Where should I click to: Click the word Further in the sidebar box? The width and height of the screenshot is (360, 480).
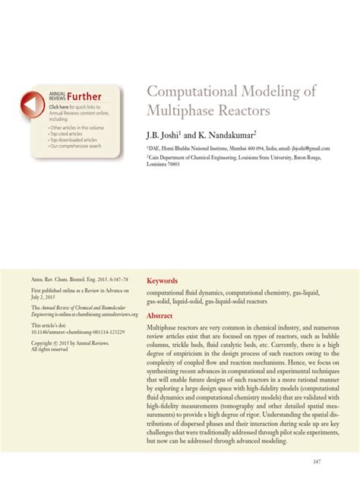tap(84, 96)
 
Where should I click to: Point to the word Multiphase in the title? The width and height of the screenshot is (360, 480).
tap(182, 111)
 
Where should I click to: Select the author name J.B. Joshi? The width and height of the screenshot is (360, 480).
tap(168, 134)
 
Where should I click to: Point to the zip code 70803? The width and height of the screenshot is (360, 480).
tap(180, 163)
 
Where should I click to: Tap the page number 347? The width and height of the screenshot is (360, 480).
tap(337, 460)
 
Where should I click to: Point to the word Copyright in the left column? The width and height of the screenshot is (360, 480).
tap(42, 343)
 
